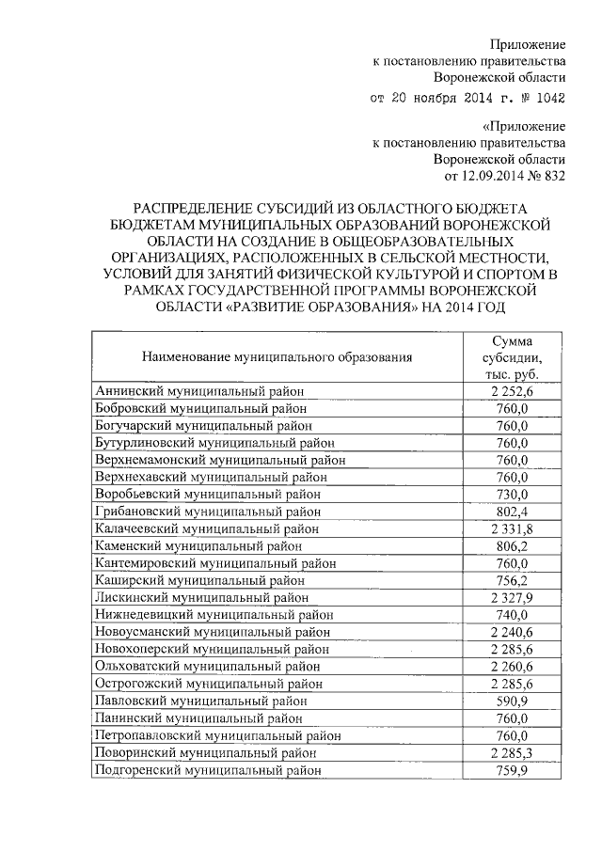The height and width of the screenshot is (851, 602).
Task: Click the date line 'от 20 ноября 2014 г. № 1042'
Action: coord(467,98)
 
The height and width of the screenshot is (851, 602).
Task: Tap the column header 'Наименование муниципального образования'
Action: coord(277,356)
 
